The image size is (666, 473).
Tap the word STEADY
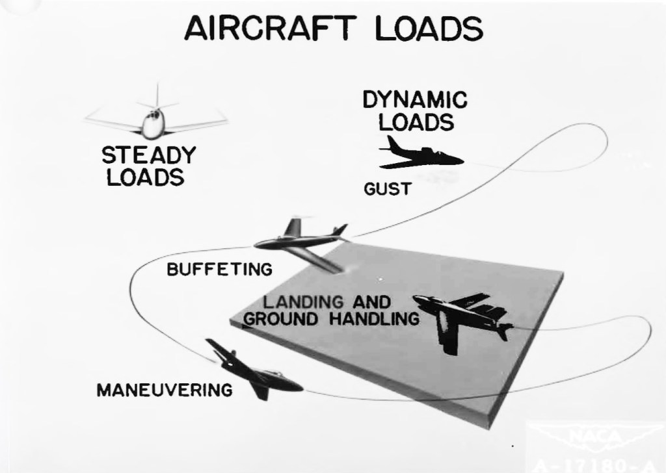click(x=148, y=156)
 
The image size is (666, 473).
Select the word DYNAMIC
click(x=415, y=101)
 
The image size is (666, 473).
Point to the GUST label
click(x=388, y=189)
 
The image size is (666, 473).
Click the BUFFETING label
click(x=219, y=269)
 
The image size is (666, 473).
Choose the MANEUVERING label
click(x=164, y=390)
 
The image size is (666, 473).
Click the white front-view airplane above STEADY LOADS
click(x=155, y=120)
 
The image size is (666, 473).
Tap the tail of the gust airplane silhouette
click(x=392, y=144)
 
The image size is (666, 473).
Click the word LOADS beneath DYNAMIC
click(x=416, y=121)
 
